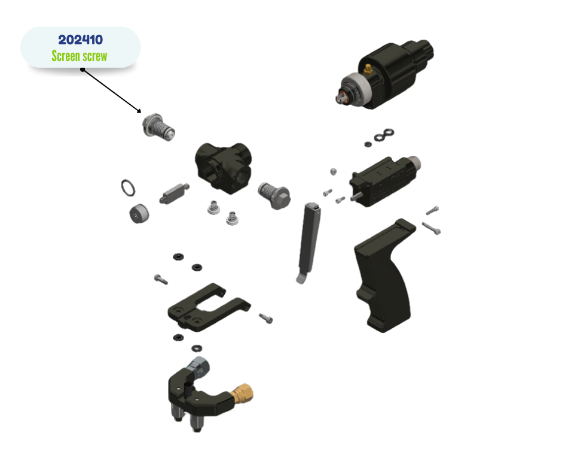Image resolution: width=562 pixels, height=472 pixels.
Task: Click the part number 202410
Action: click(80, 40)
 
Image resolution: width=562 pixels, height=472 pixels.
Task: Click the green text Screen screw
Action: click(79, 56)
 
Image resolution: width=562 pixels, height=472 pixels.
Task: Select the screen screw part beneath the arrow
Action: click(158, 127)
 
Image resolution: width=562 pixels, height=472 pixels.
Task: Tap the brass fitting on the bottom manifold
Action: click(243, 394)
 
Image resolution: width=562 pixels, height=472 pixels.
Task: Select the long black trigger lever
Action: click(309, 241)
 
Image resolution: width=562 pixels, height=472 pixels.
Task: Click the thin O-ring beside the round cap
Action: click(128, 188)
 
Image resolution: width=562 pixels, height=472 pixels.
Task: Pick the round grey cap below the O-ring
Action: click(139, 214)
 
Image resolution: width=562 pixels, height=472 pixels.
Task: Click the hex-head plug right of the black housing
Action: click(274, 195)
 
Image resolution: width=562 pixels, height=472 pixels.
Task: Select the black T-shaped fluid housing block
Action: click(223, 167)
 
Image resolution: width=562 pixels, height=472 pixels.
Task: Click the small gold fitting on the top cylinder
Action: click(368, 68)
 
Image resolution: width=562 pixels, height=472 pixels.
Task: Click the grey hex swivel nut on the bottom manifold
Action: click(199, 367)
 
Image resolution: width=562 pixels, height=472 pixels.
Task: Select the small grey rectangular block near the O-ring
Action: click(174, 193)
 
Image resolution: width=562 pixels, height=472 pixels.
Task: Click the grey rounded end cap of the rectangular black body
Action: click(414, 164)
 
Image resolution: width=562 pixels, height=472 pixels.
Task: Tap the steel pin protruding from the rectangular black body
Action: click(356, 196)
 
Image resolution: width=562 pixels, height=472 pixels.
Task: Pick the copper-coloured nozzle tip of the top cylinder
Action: click(343, 97)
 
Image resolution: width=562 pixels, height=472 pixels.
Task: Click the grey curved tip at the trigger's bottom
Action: click(301, 278)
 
